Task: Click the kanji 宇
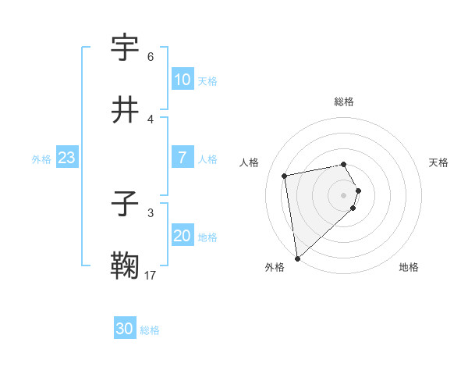[126, 48]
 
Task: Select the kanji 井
[126, 109]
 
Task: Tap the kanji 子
[126, 205]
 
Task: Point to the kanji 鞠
[126, 266]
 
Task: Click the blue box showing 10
[182, 80]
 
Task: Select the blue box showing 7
[182, 158]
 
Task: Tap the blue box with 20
[182, 237]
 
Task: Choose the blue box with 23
[66, 158]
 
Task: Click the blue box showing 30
[124, 330]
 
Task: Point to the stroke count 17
[151, 275]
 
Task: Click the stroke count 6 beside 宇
[151, 57]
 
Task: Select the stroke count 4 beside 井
[151, 119]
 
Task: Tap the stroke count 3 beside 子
[151, 212]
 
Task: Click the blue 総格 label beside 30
[150, 330]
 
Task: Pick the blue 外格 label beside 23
[41, 159]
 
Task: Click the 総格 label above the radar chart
[344, 102]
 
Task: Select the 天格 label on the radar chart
[438, 162]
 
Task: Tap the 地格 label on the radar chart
[409, 267]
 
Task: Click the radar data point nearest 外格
[297, 258]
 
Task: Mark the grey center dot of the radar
[344, 194]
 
